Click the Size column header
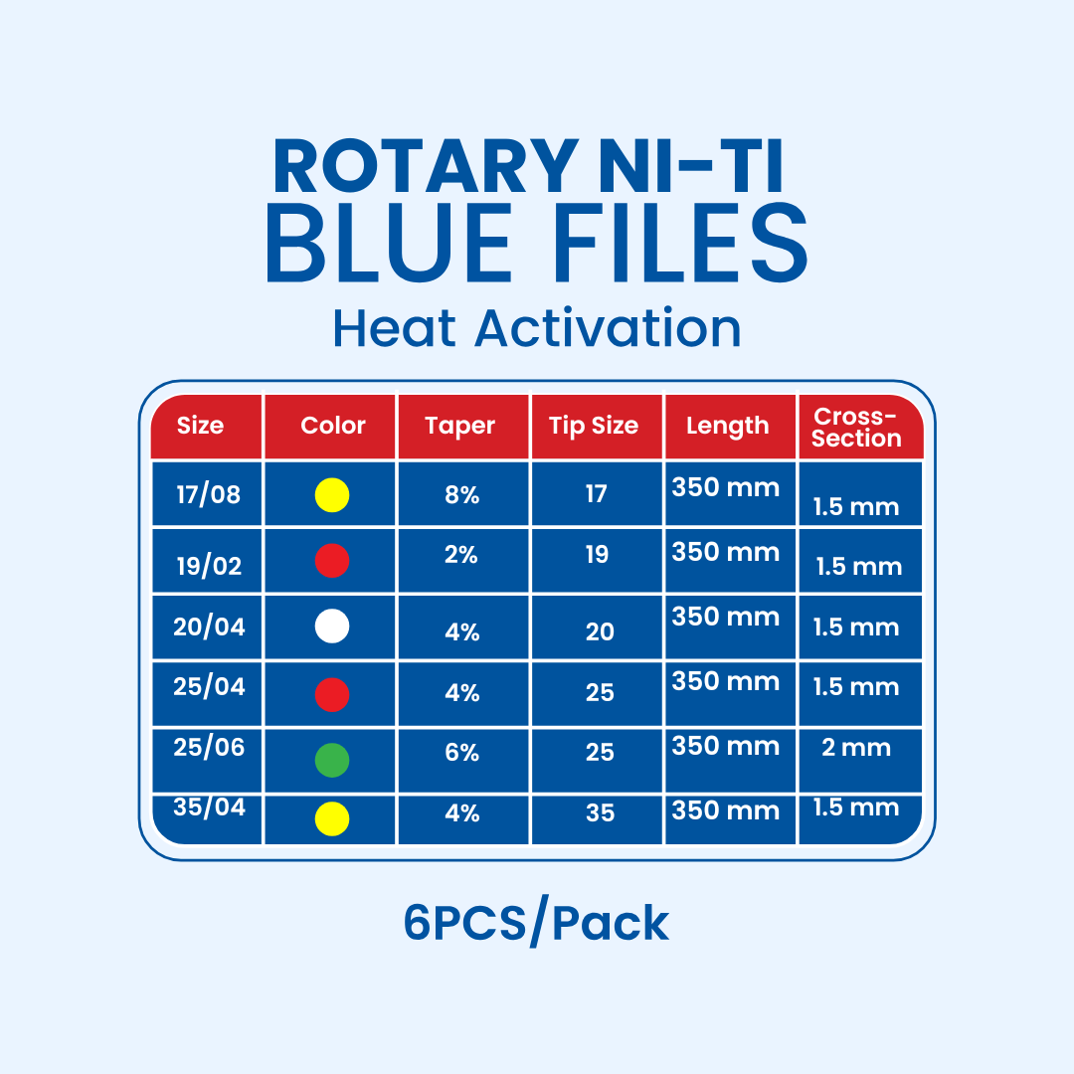pos(200,426)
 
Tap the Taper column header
pos(460,426)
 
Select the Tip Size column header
pos(594,426)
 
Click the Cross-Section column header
pos(856,428)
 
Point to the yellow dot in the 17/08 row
pos(332,494)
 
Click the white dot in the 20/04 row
pos(332,626)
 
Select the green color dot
pos(332,759)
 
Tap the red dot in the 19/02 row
pos(332,561)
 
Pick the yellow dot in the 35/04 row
pos(332,818)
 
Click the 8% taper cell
pos(462,495)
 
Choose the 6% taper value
pos(462,753)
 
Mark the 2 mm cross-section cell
pos(856,748)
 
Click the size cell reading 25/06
pos(209,747)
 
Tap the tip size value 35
pos(600,813)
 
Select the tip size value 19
pos(597,554)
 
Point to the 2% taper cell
pos(462,555)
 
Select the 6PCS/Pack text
pos(536,924)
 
